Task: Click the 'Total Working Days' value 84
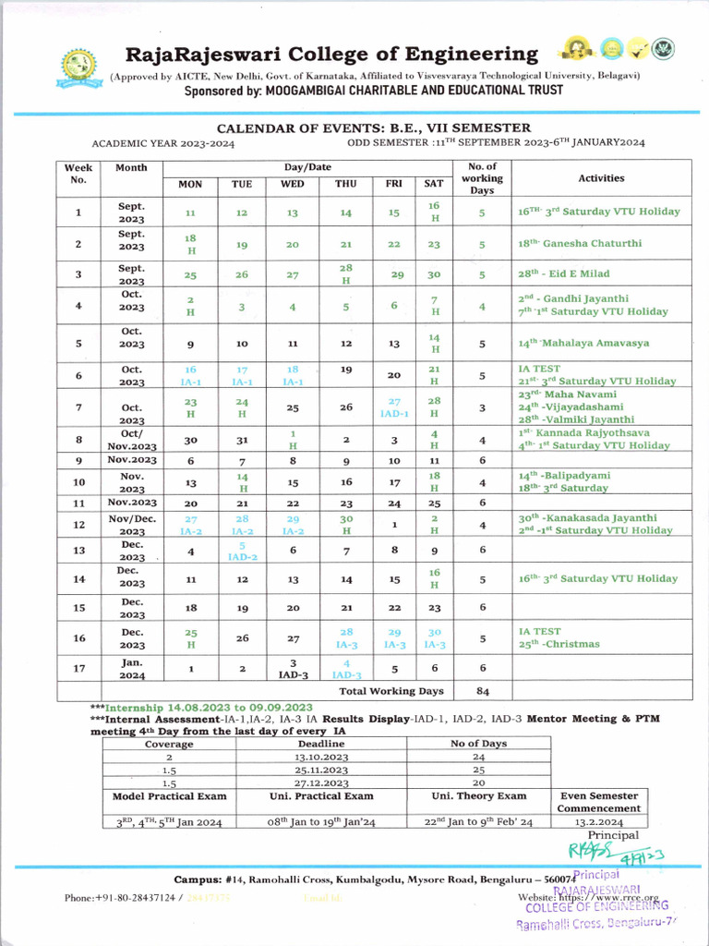tap(482, 691)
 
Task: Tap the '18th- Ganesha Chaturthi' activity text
tap(580, 244)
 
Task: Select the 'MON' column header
tap(190, 184)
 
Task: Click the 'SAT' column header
tap(434, 184)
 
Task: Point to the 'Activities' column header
tap(601, 178)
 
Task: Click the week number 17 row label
tap(78, 668)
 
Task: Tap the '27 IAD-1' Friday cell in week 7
tap(394, 406)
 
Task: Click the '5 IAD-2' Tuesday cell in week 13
tap(241, 552)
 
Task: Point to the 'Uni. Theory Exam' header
tap(478, 795)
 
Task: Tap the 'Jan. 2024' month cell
tap(131, 668)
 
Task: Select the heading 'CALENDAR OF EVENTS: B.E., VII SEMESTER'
tap(373, 128)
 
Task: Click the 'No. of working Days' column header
tap(482, 178)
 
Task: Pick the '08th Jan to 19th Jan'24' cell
tap(320, 820)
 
